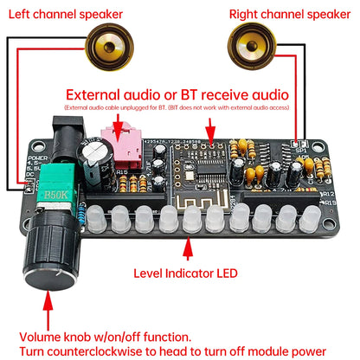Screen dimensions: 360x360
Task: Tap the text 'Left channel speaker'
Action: [67, 13]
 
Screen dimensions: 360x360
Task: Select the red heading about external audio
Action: [177, 93]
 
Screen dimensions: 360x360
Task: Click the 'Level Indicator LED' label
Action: [185, 273]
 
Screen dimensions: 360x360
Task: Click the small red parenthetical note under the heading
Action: [177, 106]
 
